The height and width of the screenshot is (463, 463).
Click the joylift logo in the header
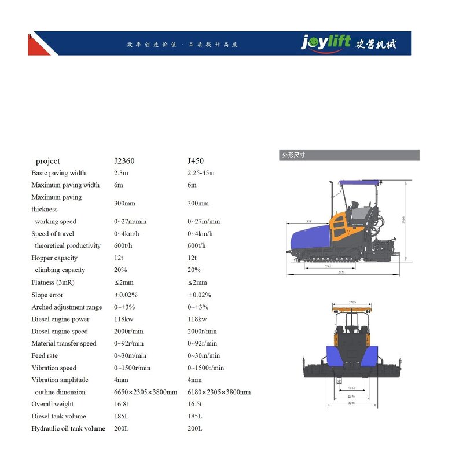coord(326,43)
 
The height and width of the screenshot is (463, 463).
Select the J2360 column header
coord(124,161)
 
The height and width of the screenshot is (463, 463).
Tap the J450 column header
coord(195,161)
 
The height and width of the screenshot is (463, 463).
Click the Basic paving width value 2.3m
coord(121,173)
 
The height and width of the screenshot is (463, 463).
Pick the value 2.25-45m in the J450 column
coord(200,173)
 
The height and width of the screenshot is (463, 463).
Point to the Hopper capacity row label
coord(54,258)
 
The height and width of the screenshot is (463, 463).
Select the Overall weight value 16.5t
coord(195,404)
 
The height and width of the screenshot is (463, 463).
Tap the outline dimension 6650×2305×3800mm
coord(145,392)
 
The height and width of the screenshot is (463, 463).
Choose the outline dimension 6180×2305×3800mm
coord(219,392)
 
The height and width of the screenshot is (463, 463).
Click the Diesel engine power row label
coord(60,319)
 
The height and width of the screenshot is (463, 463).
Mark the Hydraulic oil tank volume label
coord(68,428)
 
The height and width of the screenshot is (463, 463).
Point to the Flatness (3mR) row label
coord(53,282)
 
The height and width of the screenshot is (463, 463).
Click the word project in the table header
coord(47,161)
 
